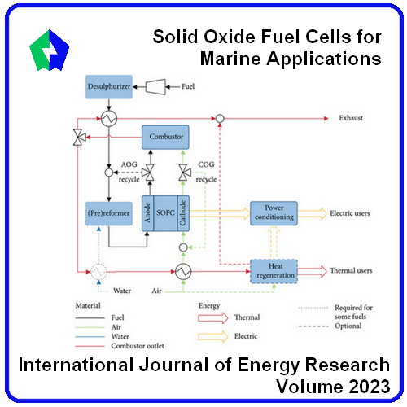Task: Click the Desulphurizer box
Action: point(109,87)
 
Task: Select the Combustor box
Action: point(165,137)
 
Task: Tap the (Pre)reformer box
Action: point(109,213)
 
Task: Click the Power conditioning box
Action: point(274,213)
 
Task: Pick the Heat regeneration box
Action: point(274,272)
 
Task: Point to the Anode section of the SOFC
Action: point(148,213)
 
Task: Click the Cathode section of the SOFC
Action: point(183,213)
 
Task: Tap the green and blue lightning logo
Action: point(50,50)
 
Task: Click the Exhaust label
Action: point(351,118)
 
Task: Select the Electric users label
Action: point(350,213)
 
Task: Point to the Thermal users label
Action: point(351,270)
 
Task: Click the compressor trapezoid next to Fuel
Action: point(155,87)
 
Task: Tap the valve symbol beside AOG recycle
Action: point(149,173)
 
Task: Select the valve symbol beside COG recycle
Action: point(185,173)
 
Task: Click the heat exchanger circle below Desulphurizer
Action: point(109,119)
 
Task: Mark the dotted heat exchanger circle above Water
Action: point(98,271)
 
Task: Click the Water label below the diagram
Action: point(122,291)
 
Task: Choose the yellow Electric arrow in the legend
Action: point(213,337)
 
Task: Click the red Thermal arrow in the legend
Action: point(213,318)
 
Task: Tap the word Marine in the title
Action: point(230,59)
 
